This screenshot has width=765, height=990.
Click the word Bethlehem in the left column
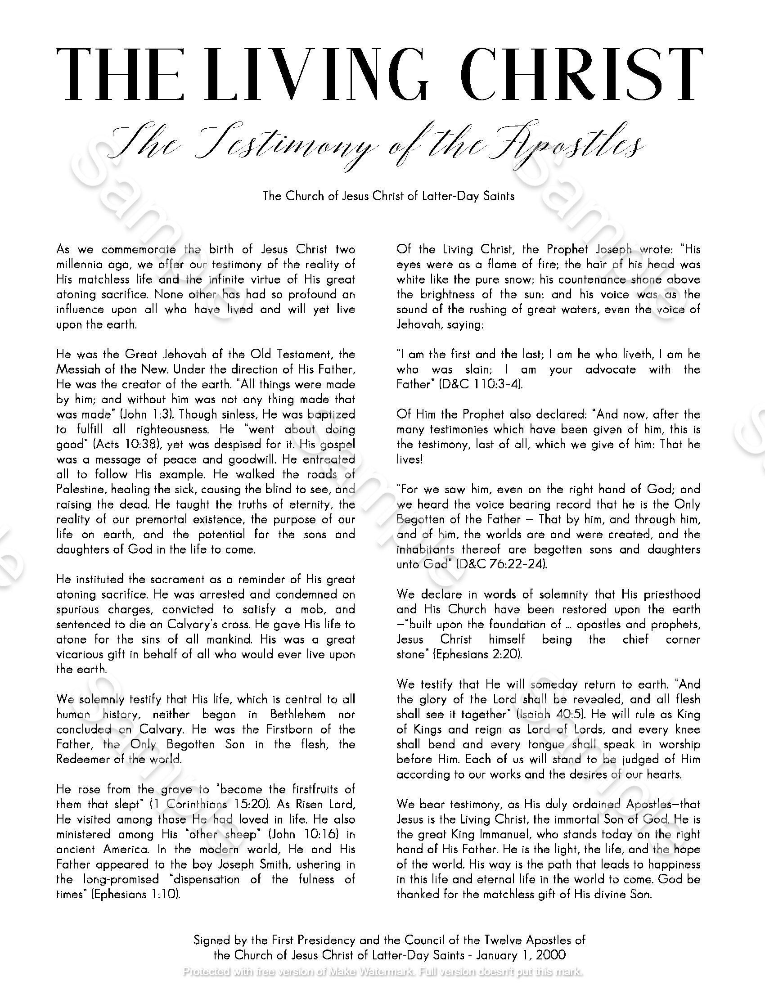click(297, 715)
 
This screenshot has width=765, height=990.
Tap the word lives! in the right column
click(409, 459)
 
